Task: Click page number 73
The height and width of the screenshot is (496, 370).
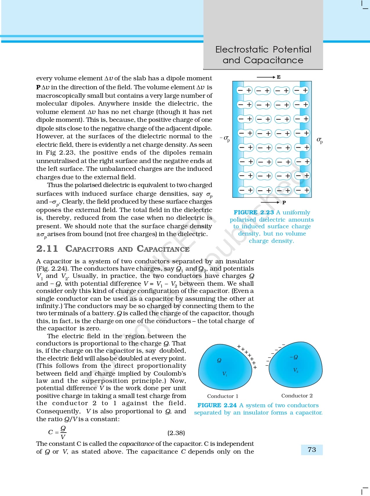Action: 312,450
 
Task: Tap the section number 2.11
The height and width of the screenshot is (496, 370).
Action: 47,249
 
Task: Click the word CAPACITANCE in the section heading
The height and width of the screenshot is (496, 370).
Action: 163,249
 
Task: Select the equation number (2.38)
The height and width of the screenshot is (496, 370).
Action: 176,433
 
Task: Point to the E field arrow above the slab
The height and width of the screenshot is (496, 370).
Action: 266,77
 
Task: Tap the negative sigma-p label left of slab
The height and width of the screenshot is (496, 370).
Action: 225,139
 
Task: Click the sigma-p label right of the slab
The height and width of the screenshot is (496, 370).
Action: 320,140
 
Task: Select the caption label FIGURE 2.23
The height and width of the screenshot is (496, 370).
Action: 254,212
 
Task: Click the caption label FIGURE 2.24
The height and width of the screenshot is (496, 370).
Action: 217,405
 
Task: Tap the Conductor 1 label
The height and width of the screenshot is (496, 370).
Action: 223,396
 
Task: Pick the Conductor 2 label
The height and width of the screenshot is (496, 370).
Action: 297,396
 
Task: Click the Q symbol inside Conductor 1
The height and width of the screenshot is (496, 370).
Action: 219,360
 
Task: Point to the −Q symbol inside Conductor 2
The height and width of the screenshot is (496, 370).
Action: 294,357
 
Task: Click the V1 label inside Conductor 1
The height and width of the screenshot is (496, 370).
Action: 225,374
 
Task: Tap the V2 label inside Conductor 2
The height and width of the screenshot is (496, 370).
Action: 295,370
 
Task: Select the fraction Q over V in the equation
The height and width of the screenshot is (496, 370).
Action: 63,432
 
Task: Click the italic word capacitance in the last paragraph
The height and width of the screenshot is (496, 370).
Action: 136,444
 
